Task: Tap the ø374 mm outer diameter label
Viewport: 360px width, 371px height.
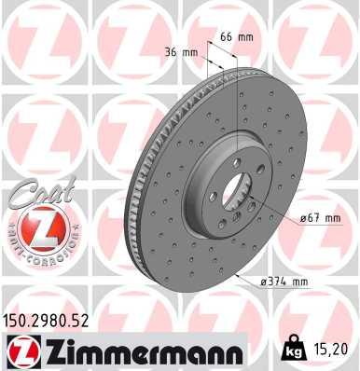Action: [x=284, y=281]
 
